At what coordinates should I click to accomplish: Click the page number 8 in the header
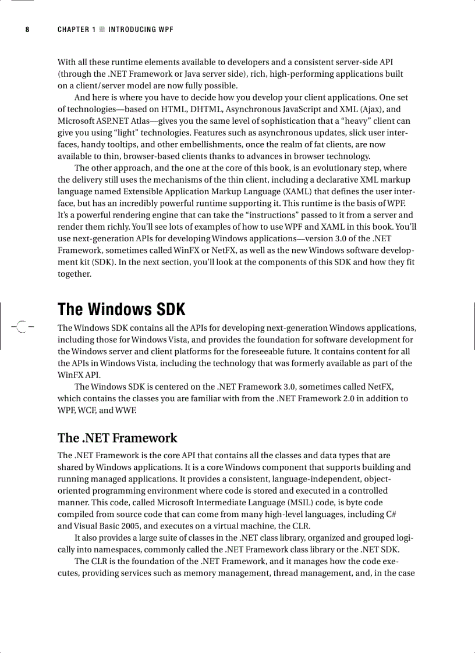point(27,30)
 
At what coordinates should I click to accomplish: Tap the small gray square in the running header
point(102,30)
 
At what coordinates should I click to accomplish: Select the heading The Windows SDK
point(121,309)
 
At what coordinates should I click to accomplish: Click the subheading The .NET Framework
point(117,438)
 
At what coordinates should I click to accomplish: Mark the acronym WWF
point(125,410)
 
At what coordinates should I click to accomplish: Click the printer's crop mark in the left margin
point(21,327)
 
